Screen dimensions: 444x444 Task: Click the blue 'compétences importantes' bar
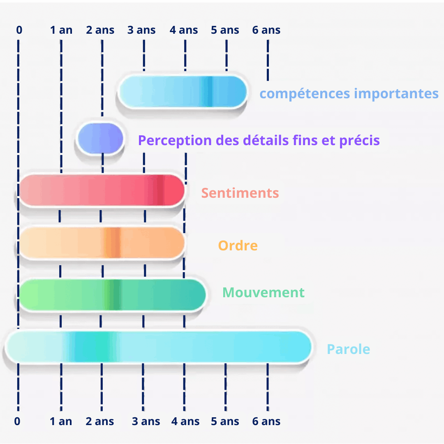click(x=183, y=91)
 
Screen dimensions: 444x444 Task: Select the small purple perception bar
click(x=101, y=139)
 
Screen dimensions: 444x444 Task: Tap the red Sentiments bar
click(x=102, y=190)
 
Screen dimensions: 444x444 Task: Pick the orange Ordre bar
click(x=102, y=243)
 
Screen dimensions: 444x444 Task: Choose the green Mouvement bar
click(x=112, y=294)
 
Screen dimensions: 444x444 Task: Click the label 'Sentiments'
click(x=240, y=193)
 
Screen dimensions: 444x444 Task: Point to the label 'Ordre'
click(x=238, y=245)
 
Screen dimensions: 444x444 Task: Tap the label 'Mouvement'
click(x=264, y=293)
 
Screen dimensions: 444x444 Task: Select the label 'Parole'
click(x=348, y=349)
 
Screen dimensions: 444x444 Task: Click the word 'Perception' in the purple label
click(x=175, y=141)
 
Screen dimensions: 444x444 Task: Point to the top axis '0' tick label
click(x=19, y=30)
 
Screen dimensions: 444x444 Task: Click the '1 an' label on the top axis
click(x=61, y=30)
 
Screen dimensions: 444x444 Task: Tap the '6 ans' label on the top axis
click(x=266, y=30)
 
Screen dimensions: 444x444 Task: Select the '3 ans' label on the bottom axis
click(x=146, y=421)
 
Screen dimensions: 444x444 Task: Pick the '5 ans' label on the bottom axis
click(x=225, y=421)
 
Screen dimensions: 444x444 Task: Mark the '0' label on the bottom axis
click(x=17, y=421)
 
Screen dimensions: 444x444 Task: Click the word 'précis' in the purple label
click(x=359, y=141)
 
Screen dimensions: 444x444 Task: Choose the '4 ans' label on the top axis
click(x=183, y=30)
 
